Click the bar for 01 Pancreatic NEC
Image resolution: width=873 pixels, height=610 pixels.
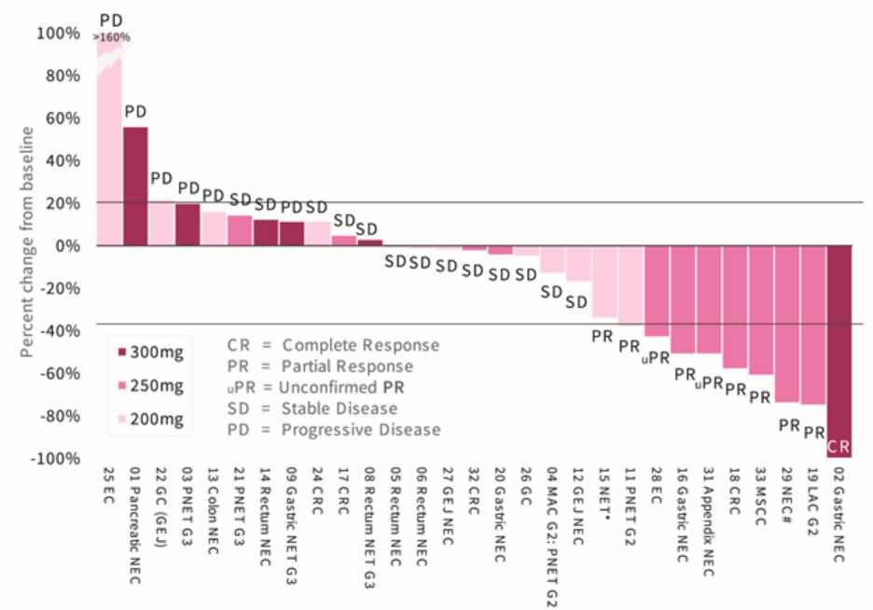pyautogui.click(x=135, y=186)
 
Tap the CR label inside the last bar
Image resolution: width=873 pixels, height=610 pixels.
pyautogui.click(x=839, y=445)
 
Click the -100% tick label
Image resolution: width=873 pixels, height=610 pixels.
pyautogui.click(x=54, y=458)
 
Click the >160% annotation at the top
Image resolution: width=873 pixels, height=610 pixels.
pyautogui.click(x=112, y=37)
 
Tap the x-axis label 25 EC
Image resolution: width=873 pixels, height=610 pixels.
pyautogui.click(x=110, y=489)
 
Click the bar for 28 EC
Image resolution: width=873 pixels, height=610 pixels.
pyautogui.click(x=657, y=290)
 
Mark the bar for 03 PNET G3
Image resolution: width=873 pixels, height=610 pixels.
pyautogui.click(x=187, y=225)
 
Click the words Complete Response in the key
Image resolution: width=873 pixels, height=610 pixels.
pyautogui.click(x=361, y=345)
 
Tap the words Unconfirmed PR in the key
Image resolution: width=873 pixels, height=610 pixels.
pyautogui.click(x=354, y=387)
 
